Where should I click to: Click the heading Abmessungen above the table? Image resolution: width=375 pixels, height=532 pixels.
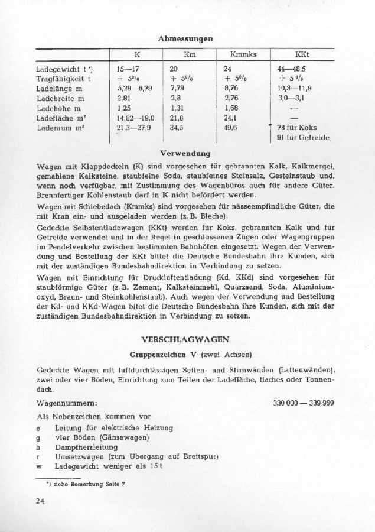click(x=185, y=38)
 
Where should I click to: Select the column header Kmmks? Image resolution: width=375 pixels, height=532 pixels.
click(x=243, y=54)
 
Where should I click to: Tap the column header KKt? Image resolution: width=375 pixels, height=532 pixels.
click(x=302, y=54)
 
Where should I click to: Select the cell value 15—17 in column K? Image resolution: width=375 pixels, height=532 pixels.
click(x=128, y=69)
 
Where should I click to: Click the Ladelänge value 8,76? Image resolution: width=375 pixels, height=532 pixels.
click(x=231, y=89)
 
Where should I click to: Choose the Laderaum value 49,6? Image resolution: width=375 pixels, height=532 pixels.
click(x=231, y=127)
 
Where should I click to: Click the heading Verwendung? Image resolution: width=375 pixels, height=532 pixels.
click(x=185, y=153)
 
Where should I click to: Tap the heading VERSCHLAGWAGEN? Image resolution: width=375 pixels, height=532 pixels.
click(x=185, y=339)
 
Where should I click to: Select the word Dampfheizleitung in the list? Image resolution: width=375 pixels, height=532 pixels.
click(x=86, y=447)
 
